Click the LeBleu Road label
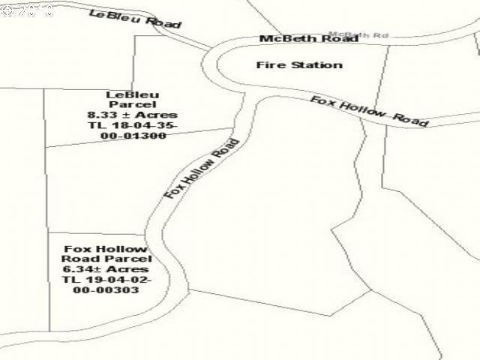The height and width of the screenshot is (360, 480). (x=135, y=19)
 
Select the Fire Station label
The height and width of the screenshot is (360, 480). (x=299, y=64)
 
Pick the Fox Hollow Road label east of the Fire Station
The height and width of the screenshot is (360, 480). (x=369, y=110)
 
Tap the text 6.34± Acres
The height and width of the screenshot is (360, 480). (x=106, y=269)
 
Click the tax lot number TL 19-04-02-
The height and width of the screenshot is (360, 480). (x=106, y=280)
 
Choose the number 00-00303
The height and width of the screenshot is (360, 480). (x=106, y=290)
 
